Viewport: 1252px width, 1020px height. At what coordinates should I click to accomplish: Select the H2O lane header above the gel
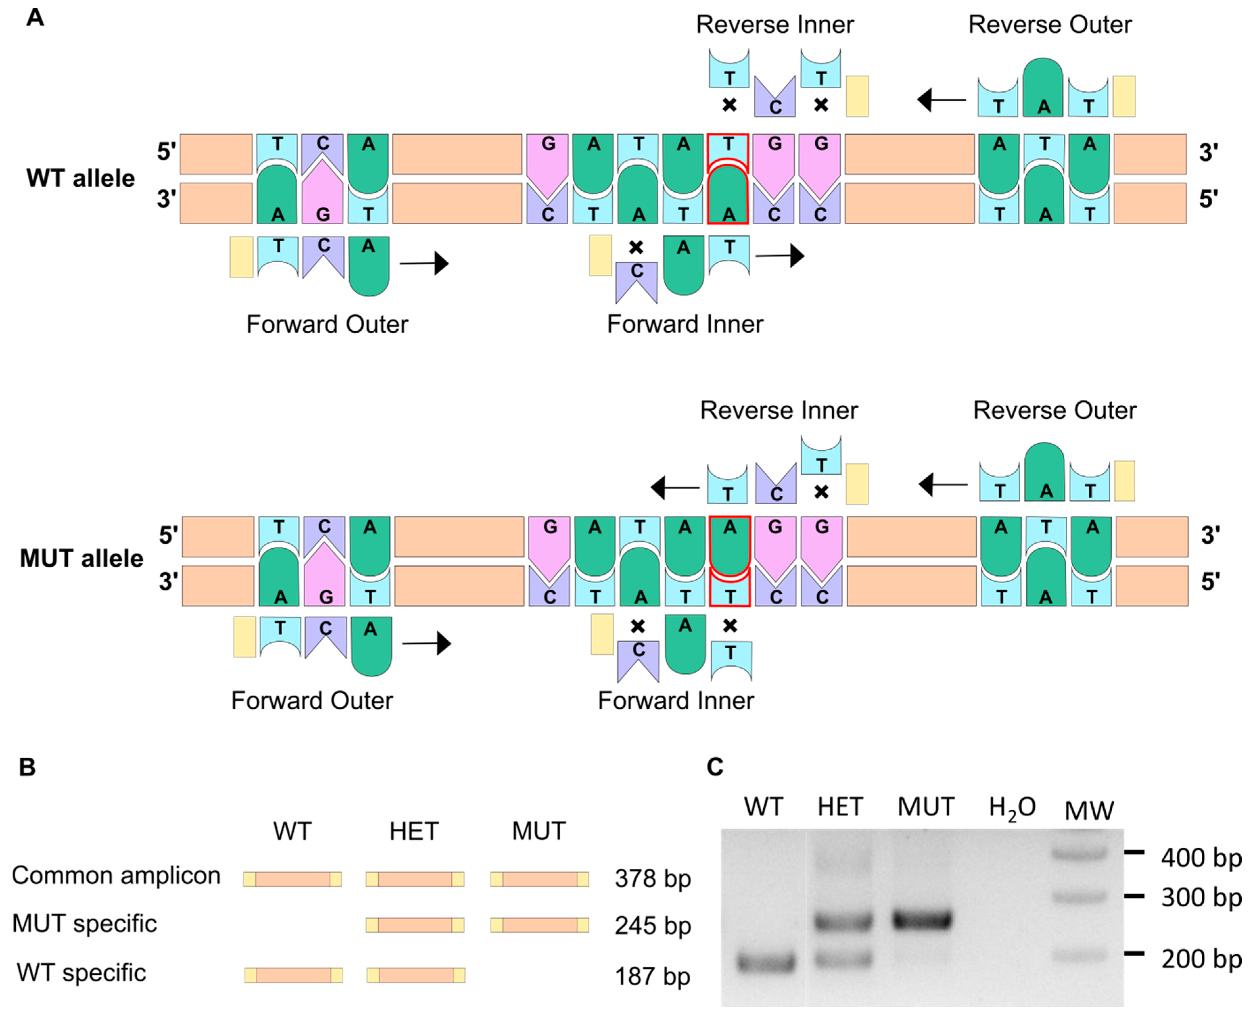[x=1012, y=808]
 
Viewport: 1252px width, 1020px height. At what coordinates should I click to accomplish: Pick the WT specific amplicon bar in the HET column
[x=416, y=975]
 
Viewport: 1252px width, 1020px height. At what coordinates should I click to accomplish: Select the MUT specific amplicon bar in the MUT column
[x=539, y=925]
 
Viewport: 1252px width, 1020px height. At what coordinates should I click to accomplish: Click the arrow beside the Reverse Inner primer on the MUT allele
[x=675, y=487]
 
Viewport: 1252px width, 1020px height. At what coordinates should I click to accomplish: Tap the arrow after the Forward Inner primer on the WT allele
[x=780, y=256]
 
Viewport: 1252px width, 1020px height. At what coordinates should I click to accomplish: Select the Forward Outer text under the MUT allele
[x=312, y=700]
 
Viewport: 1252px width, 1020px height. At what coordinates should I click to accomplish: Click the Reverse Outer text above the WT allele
[x=1049, y=25]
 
